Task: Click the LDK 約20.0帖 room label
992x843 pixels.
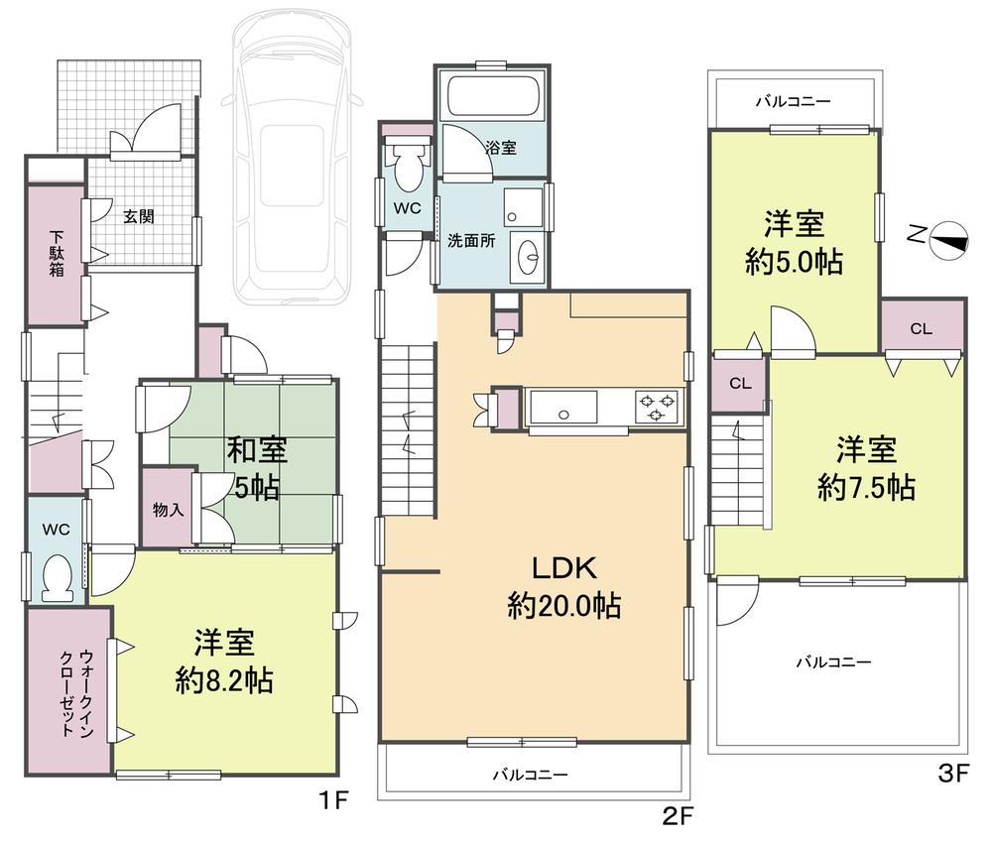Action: click(x=563, y=587)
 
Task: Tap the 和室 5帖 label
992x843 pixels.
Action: click(x=259, y=468)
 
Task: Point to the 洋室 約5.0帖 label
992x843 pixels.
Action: click(x=794, y=242)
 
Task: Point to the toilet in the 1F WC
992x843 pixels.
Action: click(x=59, y=578)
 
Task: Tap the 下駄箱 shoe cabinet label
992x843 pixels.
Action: click(x=57, y=254)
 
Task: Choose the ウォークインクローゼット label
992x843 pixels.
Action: click(x=75, y=691)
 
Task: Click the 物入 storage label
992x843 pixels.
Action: click(x=166, y=510)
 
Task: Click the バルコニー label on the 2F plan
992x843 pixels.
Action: click(x=530, y=776)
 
